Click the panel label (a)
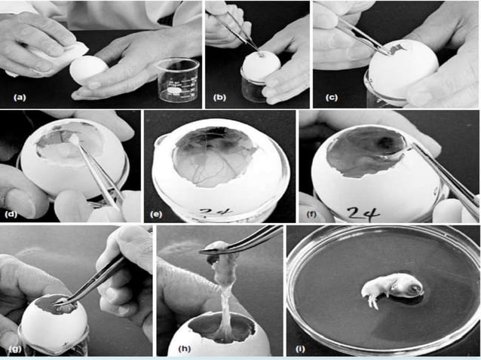[20, 97]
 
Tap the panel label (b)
[219, 97]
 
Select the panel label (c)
[332, 97]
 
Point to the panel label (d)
[11, 214]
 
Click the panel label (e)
[156, 214]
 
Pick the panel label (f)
[311, 214]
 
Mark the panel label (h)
[185, 349]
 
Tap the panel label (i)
[300, 349]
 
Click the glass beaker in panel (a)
[178, 81]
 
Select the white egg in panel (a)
[88, 71]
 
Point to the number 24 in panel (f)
[364, 212]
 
